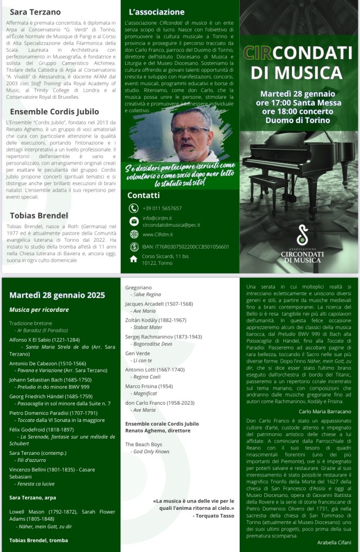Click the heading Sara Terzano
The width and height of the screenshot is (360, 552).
[36, 11]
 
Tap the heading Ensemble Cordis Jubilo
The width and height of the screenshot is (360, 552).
[55, 112]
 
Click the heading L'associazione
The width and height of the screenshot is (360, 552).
[157, 11]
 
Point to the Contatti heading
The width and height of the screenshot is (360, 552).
[144, 195]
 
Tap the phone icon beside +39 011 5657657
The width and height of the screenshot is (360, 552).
[134, 208]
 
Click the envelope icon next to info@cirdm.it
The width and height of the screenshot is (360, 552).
[134, 221]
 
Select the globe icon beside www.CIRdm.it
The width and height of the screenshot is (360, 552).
[134, 234]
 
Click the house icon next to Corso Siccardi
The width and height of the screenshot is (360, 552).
[134, 259]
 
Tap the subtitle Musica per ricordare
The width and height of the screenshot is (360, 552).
[39, 310]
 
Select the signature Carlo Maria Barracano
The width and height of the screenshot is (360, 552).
[324, 411]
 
